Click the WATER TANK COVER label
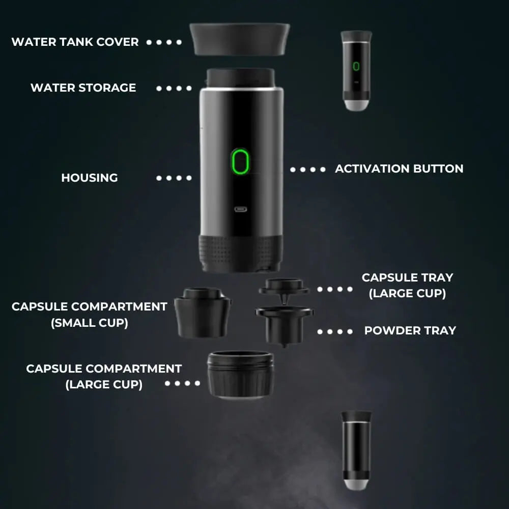75,42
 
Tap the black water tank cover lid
239,39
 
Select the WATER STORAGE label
83,88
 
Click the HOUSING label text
90,178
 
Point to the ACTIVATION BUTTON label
399,168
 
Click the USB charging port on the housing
240,209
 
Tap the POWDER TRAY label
410,330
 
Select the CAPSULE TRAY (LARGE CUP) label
407,286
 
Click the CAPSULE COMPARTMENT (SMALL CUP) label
90,315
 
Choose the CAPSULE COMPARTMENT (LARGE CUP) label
104,376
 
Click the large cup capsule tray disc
284,287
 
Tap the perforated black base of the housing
240,252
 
